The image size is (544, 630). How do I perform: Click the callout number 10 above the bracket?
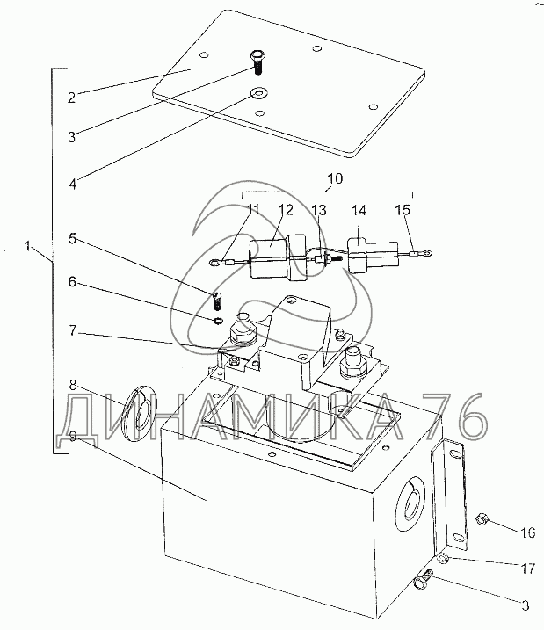[335, 178]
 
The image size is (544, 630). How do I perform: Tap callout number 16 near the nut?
[528, 532]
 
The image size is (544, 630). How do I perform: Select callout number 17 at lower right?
[528, 568]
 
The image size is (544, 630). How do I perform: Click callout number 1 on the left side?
[28, 246]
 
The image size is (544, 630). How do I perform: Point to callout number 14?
[359, 210]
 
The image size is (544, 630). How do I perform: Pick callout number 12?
[287, 210]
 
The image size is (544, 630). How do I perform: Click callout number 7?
[72, 330]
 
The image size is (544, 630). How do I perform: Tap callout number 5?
[72, 238]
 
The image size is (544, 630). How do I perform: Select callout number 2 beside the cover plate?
[71, 98]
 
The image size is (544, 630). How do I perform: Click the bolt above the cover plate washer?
[257, 62]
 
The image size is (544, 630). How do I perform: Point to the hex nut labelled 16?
[481, 520]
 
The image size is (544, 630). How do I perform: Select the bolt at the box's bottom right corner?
[423, 579]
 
